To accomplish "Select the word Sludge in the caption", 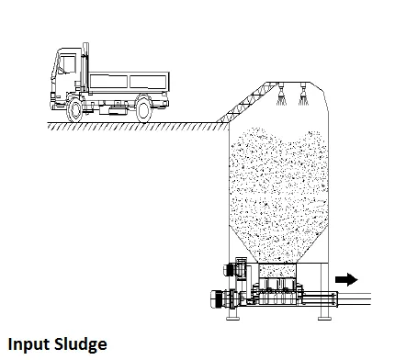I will point(79,346).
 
